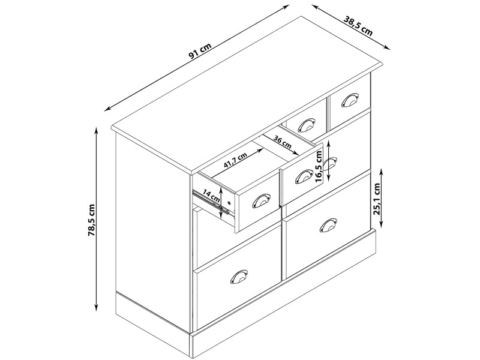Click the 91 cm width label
pos(200,51)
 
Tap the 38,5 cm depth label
pos(358,26)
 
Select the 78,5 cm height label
pos(92,220)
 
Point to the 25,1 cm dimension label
pos(377,199)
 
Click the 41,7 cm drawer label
pos(235,160)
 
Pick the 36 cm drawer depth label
pos(282,142)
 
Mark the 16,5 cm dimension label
pos(319,167)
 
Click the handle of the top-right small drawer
pos(350,100)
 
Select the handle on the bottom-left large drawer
pos(239,277)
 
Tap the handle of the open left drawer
pos(261,201)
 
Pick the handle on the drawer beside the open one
pos(304,177)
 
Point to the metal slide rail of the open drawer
pos(211,202)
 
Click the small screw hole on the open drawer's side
pos(229,202)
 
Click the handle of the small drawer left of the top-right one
pos(306,125)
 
